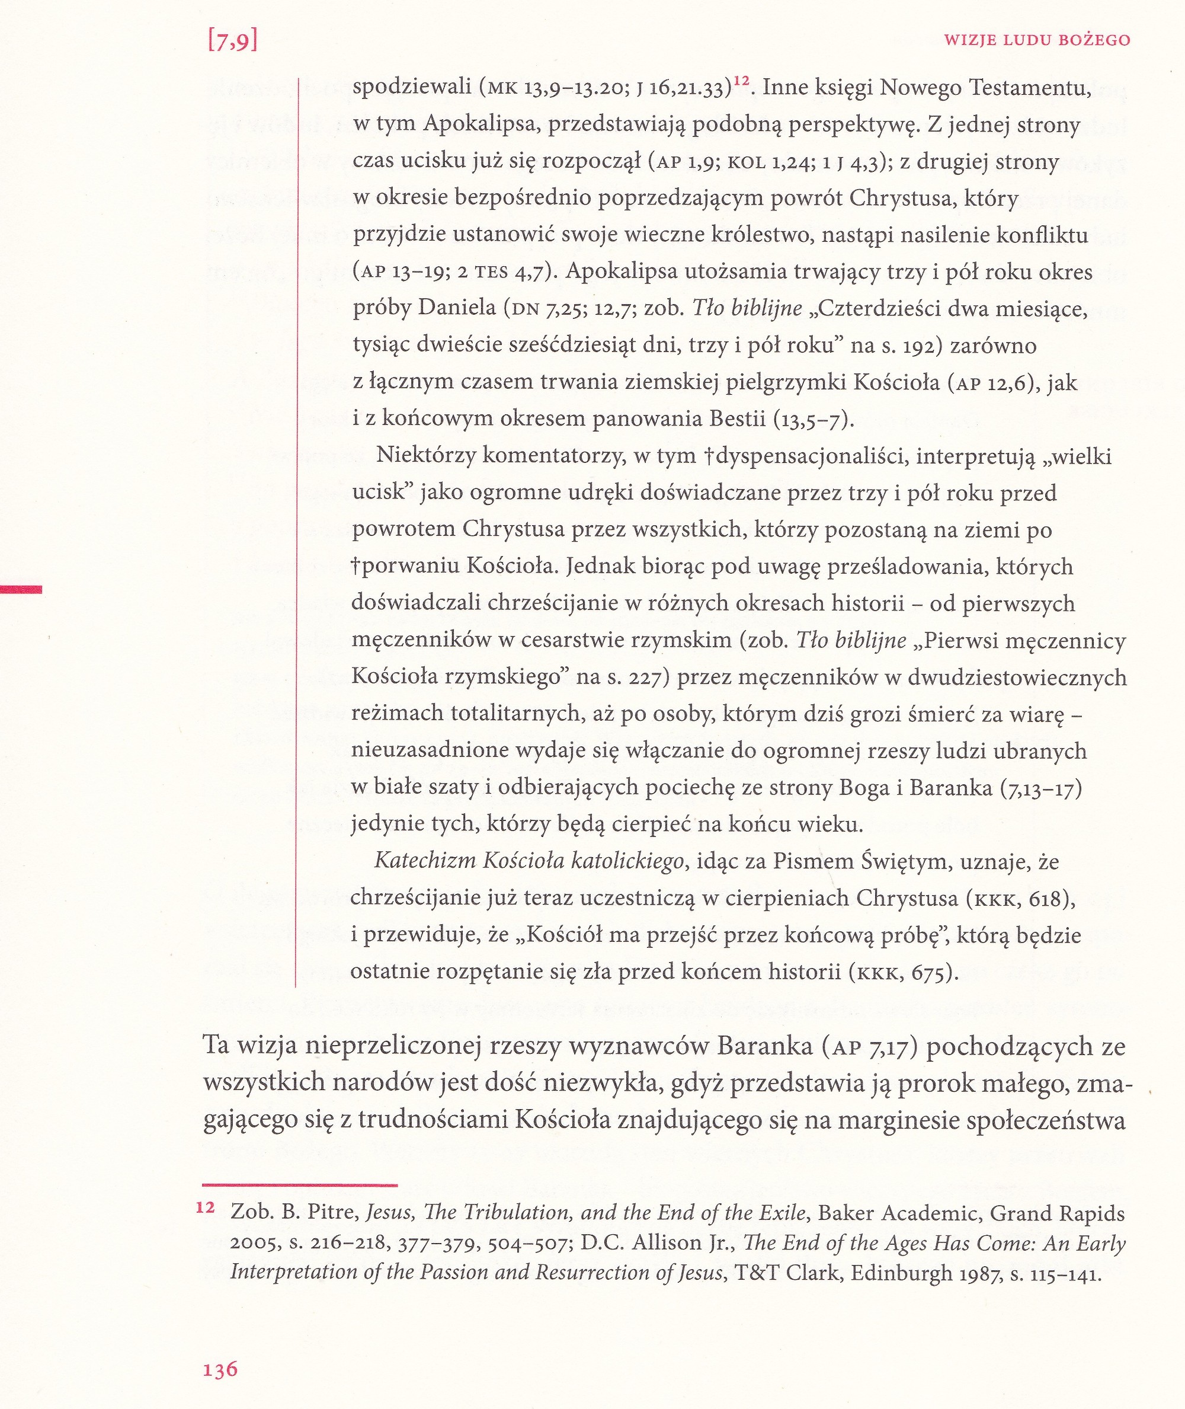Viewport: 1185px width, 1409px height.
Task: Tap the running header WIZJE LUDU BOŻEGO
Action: click(1036, 40)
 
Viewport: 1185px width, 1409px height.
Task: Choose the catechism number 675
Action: click(928, 972)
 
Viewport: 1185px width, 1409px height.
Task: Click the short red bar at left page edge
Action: click(21, 589)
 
